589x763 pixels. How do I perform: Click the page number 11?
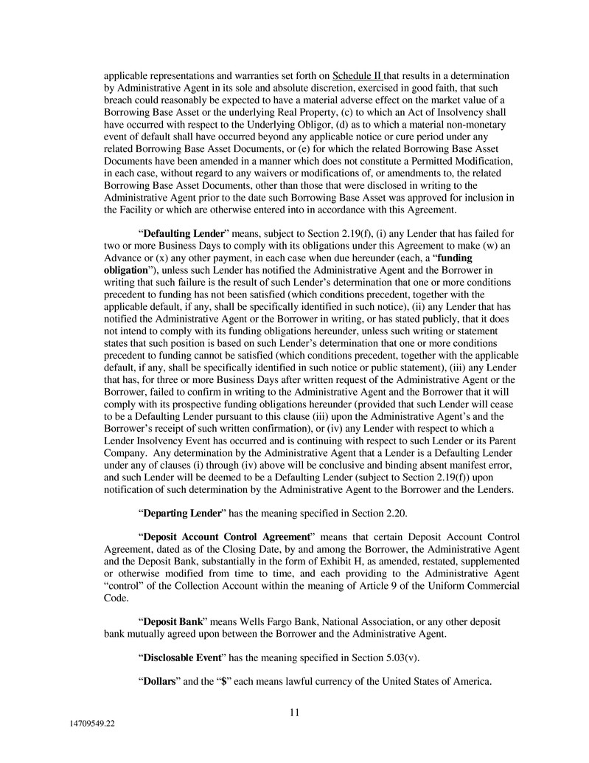[294, 712]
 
